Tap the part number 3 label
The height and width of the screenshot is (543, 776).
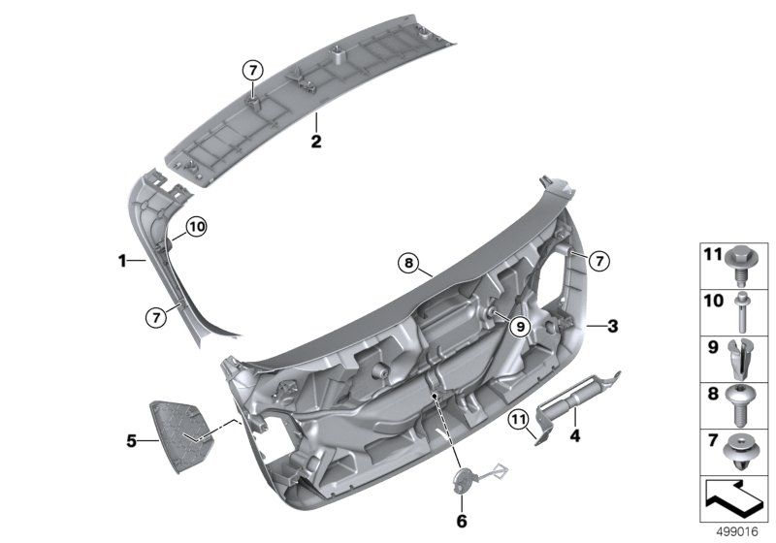612,326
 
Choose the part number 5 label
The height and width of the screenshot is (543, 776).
132,442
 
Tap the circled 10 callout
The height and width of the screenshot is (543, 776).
198,228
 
